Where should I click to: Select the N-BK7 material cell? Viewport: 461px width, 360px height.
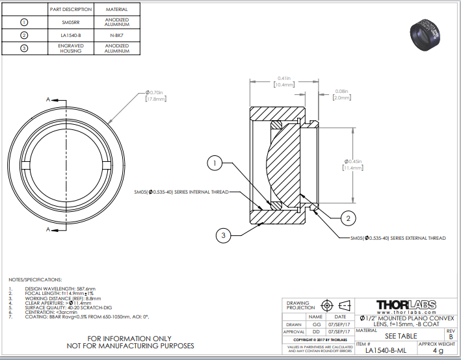point(116,35)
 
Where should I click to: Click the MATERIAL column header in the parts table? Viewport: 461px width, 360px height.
point(116,10)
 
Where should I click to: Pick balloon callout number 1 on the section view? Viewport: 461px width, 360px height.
point(215,164)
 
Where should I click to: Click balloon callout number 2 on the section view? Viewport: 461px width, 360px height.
point(349,218)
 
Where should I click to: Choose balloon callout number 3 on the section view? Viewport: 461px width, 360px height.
point(224,235)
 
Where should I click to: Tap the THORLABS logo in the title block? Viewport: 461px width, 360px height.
point(406,304)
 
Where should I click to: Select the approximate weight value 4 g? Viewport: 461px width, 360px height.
point(437,351)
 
